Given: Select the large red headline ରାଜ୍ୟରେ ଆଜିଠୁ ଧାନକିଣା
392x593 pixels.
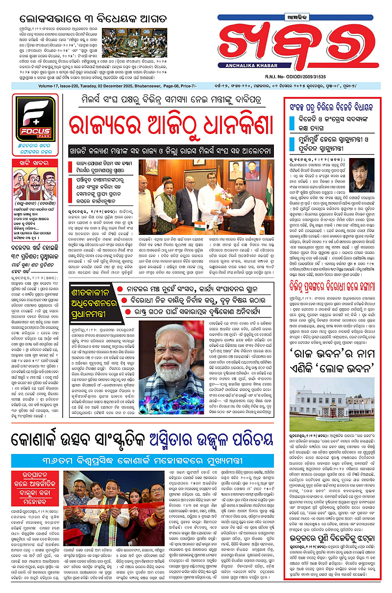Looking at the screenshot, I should tap(170, 127).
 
